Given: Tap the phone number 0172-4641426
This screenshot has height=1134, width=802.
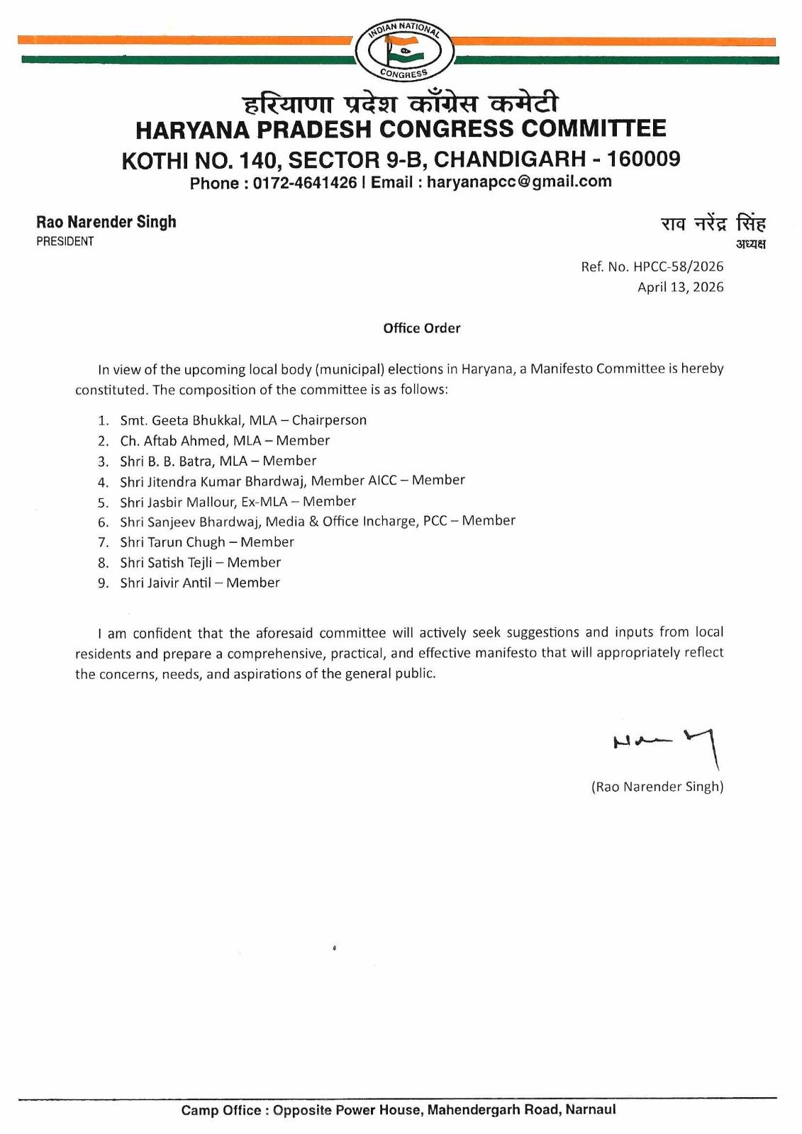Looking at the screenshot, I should [x=305, y=183].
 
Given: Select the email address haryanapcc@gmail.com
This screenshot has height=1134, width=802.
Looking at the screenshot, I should [x=519, y=181].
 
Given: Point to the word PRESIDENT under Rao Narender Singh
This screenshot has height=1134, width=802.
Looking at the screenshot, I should [x=65, y=242].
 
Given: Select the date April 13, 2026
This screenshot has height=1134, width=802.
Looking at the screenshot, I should [x=681, y=287].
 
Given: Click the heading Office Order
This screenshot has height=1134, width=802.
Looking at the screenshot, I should [x=422, y=328].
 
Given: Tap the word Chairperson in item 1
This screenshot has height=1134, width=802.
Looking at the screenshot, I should [x=329, y=420].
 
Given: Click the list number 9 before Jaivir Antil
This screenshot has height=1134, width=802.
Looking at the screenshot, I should [x=104, y=583].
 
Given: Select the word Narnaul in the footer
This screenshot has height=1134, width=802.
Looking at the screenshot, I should [x=591, y=1110].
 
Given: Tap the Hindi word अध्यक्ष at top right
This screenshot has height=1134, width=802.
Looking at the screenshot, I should [x=750, y=245].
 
